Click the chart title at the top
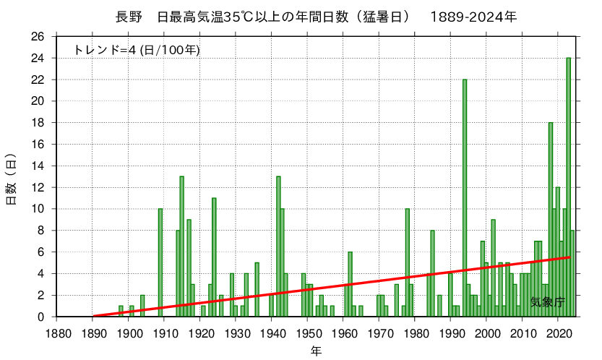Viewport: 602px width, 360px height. tap(316, 16)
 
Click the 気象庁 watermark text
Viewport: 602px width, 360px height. tap(548, 301)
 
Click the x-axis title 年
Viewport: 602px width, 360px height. tap(316, 351)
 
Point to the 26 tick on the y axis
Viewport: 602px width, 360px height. tap(39, 37)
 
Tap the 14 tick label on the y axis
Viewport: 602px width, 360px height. tap(39, 166)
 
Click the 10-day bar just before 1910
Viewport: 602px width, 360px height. tap(160, 262)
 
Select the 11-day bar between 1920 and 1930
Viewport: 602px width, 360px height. tap(214, 257)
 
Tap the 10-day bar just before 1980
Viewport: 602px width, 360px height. tap(408, 262)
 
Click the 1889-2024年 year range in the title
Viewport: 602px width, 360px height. tap(473, 16)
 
